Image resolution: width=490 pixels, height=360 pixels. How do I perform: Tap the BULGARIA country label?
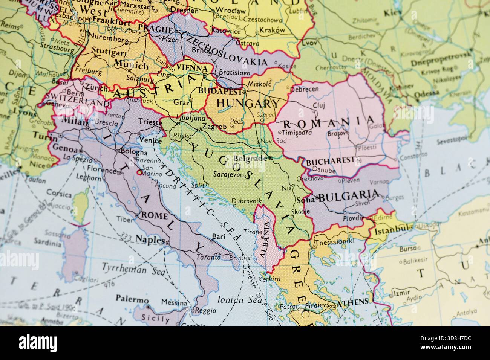[x=349, y=195]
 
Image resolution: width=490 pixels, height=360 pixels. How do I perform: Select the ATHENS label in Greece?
[x=352, y=302]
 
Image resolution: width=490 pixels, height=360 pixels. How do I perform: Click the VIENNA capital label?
[x=194, y=69]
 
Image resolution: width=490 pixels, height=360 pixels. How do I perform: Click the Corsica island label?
[x=59, y=195]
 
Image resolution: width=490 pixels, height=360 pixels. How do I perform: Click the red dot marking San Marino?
[x=139, y=172]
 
